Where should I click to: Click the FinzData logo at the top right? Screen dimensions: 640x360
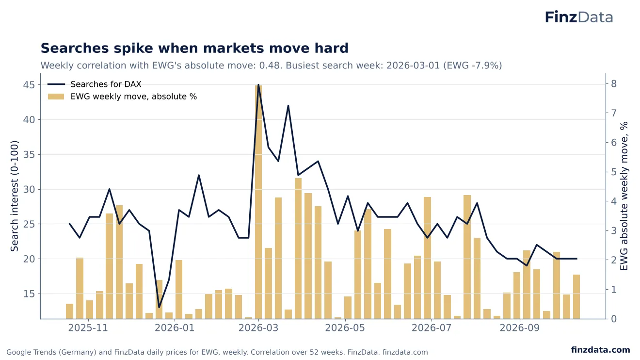point(579,17)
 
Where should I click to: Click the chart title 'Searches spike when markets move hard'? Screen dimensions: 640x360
point(194,48)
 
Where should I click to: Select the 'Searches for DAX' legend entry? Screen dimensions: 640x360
point(94,84)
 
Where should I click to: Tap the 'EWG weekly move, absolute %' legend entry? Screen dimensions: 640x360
point(122,97)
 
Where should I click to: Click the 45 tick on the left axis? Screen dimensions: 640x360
point(29,85)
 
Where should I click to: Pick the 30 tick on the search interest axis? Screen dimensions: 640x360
point(29,190)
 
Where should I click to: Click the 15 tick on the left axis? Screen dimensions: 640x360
point(29,294)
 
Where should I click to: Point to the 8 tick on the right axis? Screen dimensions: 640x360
point(614,84)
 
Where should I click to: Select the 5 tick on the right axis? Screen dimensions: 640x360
point(614,172)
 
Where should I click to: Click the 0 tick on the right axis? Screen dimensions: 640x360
point(614,319)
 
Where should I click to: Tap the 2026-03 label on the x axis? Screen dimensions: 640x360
point(258,328)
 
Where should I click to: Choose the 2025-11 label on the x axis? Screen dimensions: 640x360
point(88,328)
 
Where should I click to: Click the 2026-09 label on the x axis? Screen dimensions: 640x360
point(520,328)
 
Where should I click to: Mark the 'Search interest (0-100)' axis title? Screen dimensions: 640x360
point(14,196)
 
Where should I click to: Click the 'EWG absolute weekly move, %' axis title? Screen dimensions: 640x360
point(624,196)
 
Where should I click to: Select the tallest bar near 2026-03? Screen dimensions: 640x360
point(258,202)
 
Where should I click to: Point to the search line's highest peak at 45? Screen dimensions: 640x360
point(258,85)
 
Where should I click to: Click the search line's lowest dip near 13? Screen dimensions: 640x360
point(159,308)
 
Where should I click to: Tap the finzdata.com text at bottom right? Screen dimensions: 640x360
point(601,350)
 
